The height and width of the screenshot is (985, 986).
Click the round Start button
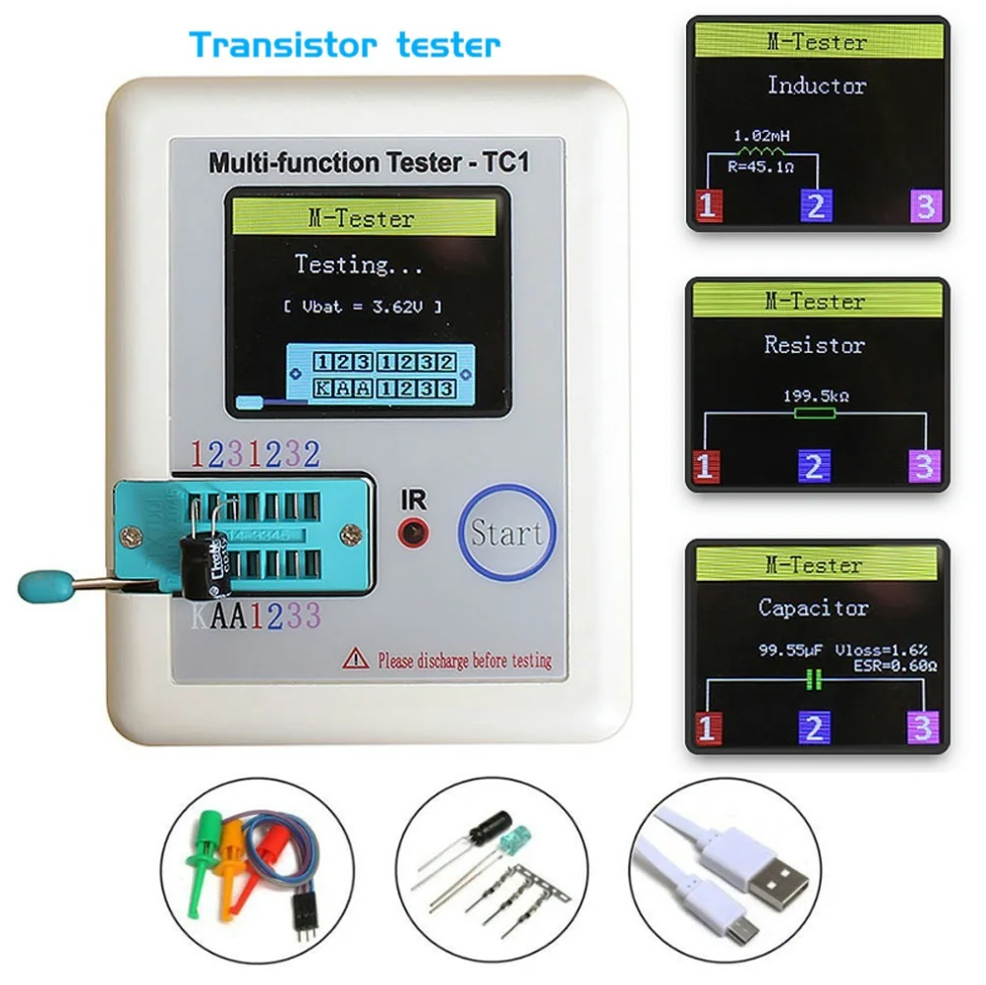[x=506, y=533]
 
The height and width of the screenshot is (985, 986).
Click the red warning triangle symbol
[x=355, y=659]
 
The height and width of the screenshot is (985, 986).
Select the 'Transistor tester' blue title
[x=345, y=44]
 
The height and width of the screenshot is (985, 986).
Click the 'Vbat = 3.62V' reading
[x=362, y=307]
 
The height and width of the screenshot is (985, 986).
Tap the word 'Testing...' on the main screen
[x=360, y=264]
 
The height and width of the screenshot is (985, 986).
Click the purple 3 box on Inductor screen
[x=925, y=205]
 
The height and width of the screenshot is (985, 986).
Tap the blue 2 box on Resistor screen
[x=813, y=466]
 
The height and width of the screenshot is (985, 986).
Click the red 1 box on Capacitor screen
[x=709, y=728]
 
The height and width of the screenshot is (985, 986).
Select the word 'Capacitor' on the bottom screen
[x=813, y=608]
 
